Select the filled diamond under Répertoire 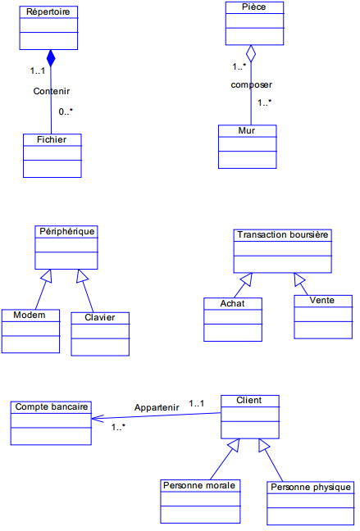pos(51,58)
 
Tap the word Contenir pos(52,91)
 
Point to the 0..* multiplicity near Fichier pos(66,111)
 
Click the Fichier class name pos(52,139)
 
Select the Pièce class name pos(254,7)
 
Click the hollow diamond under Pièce pos(253,54)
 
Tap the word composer pos(251,84)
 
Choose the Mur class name pos(247,130)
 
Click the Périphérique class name pos(67,231)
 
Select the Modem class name pos(30,315)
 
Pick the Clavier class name pos(100,317)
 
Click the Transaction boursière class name pos(283,234)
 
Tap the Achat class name pos(232,303)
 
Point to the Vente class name pos(322,300)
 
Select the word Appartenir pos(157,407)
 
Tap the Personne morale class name pos(199,485)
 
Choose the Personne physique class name pos(310,487)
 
